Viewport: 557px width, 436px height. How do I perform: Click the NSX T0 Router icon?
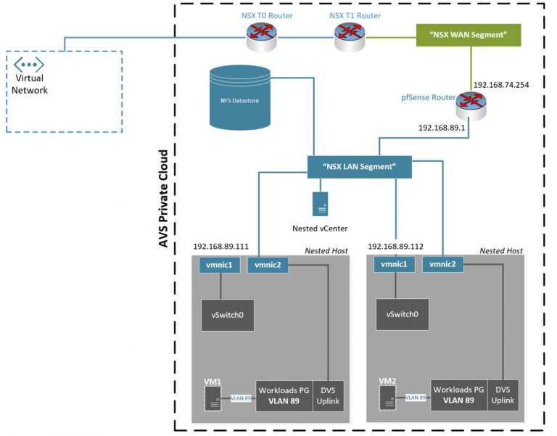(261, 36)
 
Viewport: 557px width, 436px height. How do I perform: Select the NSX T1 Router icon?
(349, 36)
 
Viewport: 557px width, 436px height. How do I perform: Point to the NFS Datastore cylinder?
(239, 99)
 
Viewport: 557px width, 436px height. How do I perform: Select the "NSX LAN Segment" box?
(359, 167)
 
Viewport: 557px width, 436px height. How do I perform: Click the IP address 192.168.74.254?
(500, 85)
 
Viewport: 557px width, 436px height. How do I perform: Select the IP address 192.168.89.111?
(221, 246)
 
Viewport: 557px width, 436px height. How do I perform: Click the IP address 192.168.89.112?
(396, 246)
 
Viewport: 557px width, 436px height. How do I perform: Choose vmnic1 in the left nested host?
(219, 266)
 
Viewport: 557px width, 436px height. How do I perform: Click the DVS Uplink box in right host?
(503, 395)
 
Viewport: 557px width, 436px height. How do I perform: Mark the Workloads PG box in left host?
(284, 395)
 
